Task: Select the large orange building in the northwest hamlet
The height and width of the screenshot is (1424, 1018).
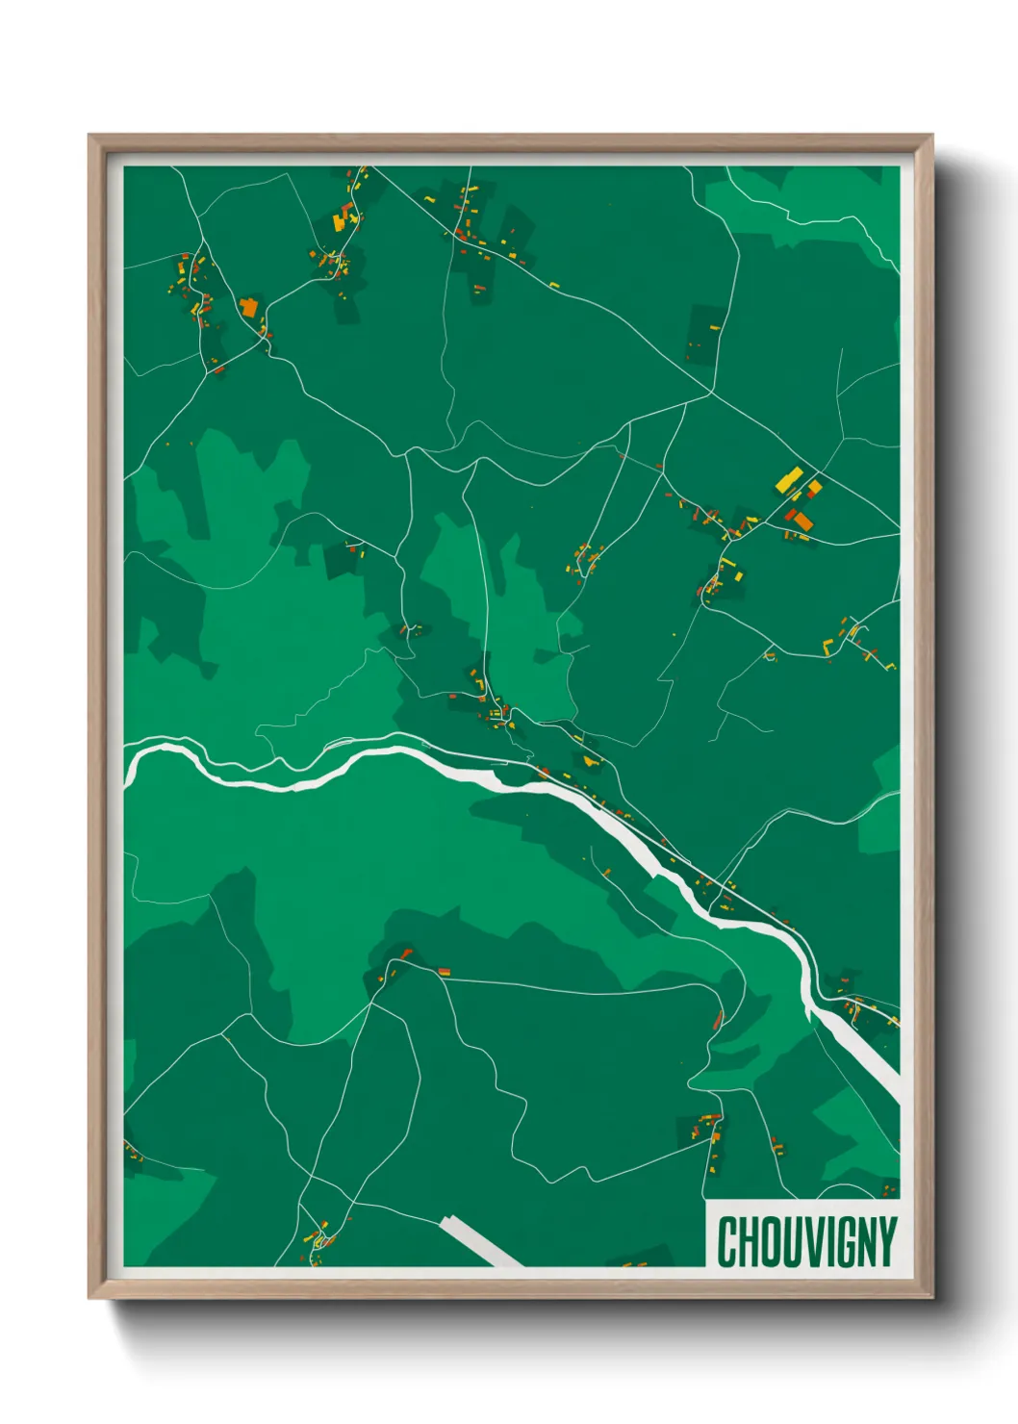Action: click(248, 308)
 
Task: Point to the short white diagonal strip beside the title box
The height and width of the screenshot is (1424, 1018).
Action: click(480, 1242)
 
